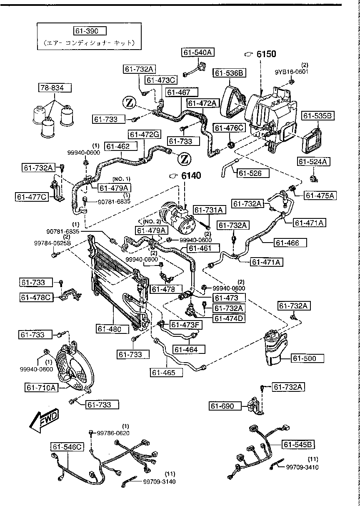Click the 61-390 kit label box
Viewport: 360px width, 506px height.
90,31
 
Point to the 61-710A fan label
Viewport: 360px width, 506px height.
42,388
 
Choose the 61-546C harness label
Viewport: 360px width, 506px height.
68,447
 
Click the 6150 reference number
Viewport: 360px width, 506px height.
265,54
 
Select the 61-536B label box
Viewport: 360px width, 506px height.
229,73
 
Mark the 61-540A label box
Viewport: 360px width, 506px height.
197,52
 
